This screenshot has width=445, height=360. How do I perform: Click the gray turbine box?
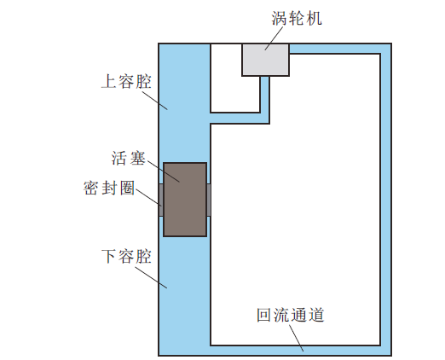pos(265,60)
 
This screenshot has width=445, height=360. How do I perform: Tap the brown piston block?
pos(185,200)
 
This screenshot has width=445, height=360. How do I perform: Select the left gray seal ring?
pos(161,200)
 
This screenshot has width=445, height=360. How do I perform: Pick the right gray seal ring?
pos(209,200)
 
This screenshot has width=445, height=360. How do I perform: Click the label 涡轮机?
pos(297,19)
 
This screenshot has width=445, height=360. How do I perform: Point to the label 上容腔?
pos(126,81)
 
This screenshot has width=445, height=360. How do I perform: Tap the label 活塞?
pos(129,159)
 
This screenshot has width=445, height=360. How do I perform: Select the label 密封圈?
pos(109,188)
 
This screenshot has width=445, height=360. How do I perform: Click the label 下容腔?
pos(126,256)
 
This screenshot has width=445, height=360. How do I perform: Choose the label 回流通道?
pos(291,315)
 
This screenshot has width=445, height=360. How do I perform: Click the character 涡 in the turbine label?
pos(280,19)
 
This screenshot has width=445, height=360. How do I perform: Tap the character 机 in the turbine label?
pos(314,19)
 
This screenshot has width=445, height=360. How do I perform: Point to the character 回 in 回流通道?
pos(265,315)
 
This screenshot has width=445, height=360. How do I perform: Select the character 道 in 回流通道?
pos(316,315)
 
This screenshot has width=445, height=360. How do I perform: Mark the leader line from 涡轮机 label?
pos(274,38)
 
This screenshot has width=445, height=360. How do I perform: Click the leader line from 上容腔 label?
pos(155,101)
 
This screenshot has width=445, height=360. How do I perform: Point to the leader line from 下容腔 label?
pos(151,277)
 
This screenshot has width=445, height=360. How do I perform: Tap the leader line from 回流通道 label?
pos(297,338)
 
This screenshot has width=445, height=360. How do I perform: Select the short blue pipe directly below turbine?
pos(265,99)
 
